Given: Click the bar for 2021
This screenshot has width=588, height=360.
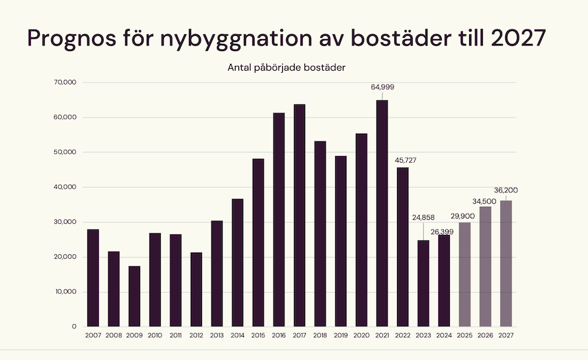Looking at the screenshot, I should pos(382,213).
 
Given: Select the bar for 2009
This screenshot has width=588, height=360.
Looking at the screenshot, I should pos(135,296).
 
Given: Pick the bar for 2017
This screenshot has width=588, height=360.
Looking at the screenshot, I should pos(299,215).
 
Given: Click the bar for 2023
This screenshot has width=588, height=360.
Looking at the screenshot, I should pos(423,283).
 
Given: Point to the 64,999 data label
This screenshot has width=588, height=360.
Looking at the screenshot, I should pos(382,87).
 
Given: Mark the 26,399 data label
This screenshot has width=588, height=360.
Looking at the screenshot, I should pos(444,232).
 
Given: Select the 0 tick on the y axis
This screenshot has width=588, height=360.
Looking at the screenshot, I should pos(73,326).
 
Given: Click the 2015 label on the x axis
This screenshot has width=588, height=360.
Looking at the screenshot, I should pos(258,335).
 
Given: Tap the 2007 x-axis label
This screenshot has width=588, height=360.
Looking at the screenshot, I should pos(93,335).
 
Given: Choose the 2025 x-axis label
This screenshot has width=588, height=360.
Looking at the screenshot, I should pos(464,335).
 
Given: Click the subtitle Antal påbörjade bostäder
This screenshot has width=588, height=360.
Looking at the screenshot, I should pos(286,67).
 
